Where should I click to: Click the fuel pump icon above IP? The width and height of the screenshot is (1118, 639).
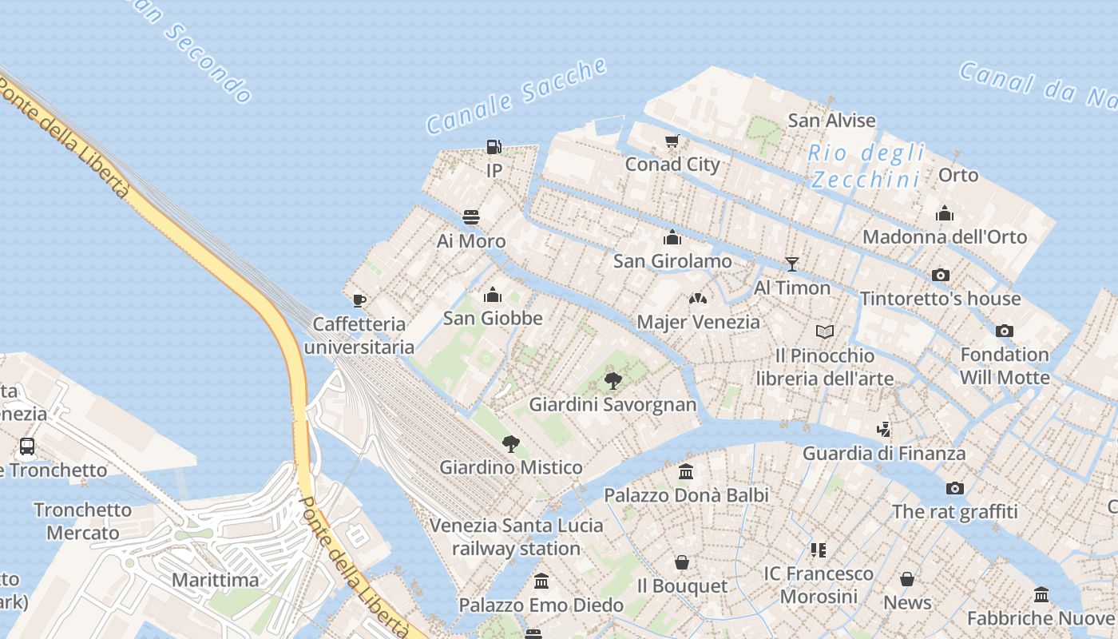click(x=494, y=147)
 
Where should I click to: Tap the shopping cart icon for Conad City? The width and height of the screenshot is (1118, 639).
click(x=672, y=141)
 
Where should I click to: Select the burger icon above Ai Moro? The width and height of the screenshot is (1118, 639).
click(x=471, y=217)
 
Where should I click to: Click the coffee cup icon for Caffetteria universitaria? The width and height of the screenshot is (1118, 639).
click(x=359, y=300)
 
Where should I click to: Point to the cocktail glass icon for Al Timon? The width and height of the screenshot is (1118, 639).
click(x=791, y=264)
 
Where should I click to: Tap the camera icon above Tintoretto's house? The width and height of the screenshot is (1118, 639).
click(x=941, y=275)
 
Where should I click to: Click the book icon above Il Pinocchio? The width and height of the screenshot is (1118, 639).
click(x=825, y=331)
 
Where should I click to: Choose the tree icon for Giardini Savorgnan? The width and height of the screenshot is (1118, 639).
click(x=613, y=380)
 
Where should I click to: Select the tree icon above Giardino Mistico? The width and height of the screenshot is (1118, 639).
click(x=510, y=443)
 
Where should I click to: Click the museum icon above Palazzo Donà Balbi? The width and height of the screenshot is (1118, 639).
click(x=685, y=471)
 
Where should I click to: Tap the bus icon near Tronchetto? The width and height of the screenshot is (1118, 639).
click(x=27, y=446)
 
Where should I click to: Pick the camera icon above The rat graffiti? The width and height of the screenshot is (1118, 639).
click(x=954, y=488)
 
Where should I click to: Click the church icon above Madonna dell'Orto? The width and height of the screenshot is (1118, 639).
click(x=945, y=213)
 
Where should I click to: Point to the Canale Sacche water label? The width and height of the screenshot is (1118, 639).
click(x=516, y=96)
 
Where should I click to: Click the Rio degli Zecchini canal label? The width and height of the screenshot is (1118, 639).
click(x=866, y=166)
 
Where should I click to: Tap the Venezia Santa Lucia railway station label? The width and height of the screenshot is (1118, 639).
click(x=516, y=537)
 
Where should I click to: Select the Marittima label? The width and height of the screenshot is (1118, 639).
click(x=216, y=580)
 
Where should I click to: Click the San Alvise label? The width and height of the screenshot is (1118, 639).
click(x=831, y=121)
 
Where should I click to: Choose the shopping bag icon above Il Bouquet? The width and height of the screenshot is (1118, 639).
click(x=681, y=562)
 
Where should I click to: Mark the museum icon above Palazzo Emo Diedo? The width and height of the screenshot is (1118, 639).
click(x=541, y=581)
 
